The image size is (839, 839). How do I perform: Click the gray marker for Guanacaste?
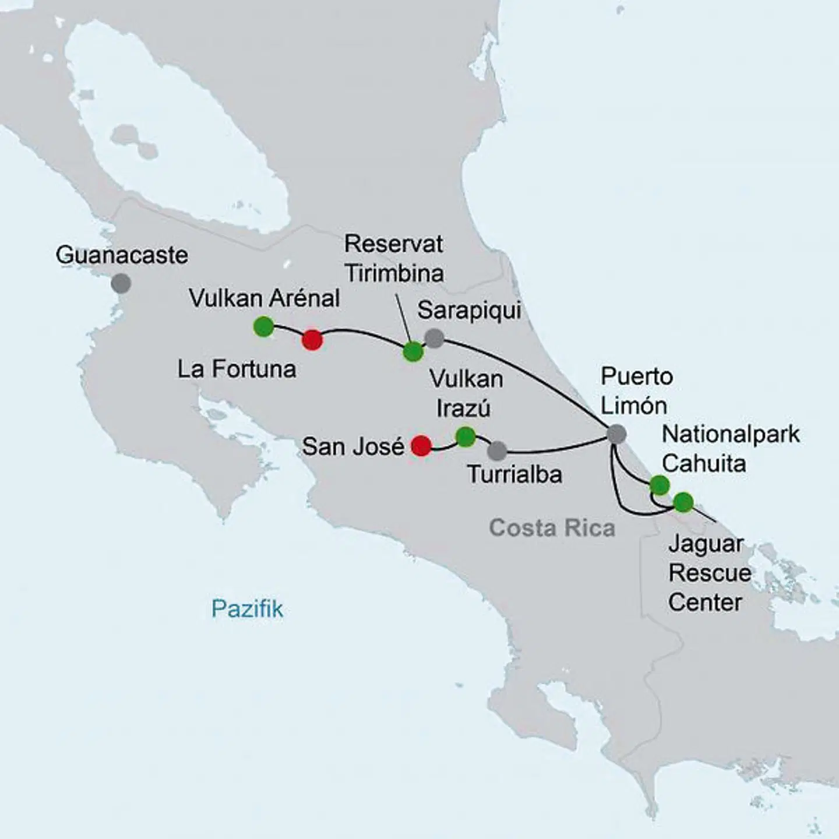click(121, 283)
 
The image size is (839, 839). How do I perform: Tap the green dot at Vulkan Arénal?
click(263, 326)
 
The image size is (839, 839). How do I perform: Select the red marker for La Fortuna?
click(312, 340)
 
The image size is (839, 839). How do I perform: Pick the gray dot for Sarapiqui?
click(433, 338)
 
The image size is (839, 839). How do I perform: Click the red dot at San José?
click(421, 446)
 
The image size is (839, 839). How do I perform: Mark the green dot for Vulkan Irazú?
click(465, 436)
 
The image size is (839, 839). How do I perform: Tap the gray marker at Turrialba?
click(497, 450)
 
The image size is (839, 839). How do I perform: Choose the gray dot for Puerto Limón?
click(616, 434)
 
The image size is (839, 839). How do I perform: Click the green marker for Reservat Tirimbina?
click(413, 351)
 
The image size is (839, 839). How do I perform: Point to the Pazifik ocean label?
click(247, 609)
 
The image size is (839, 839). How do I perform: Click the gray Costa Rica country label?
click(552, 528)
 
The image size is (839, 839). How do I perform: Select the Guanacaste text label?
click(122, 255)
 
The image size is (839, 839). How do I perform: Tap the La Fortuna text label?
click(237, 369)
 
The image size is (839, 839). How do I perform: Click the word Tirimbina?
click(394, 273)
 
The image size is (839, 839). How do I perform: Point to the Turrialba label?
click(514, 475)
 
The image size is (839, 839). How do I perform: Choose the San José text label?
click(353, 447)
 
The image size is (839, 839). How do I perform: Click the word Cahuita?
click(704, 464)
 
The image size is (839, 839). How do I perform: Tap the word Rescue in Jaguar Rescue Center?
click(709, 573)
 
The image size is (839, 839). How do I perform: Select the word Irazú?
click(463, 408)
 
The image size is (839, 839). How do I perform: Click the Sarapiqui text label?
click(469, 311)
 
